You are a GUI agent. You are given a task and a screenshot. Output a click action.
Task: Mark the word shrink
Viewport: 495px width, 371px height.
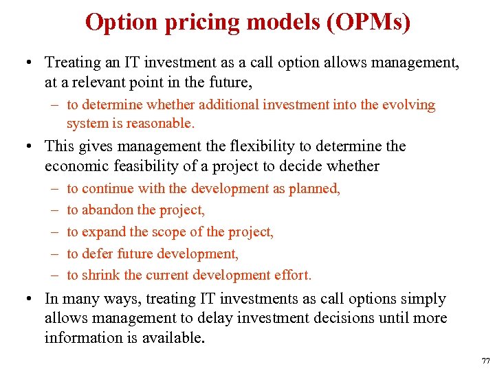click(102, 276)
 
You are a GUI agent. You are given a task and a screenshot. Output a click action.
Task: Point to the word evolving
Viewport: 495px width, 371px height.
click(410, 105)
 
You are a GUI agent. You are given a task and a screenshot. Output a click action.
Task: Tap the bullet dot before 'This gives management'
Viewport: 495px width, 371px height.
click(30, 146)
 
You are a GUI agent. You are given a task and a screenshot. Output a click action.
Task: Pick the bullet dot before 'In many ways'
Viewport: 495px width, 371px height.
click(30, 299)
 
